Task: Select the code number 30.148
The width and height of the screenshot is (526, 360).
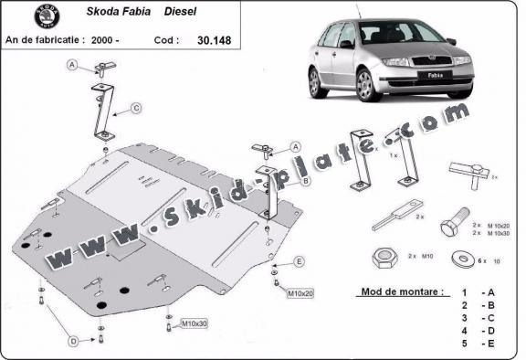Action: (x=213, y=40)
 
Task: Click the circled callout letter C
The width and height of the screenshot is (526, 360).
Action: (x=134, y=109)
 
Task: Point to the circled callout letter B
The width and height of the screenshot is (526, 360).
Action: (x=305, y=181)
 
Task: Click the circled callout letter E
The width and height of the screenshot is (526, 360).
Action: (x=298, y=262)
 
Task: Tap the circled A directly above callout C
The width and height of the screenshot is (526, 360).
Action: (x=73, y=66)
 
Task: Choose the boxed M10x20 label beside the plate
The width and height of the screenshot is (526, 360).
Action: (x=300, y=293)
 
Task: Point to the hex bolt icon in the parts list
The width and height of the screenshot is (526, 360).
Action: (x=454, y=226)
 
